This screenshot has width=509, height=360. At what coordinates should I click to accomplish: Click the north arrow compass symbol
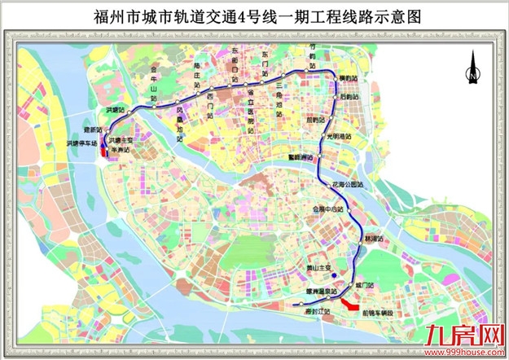(470, 69)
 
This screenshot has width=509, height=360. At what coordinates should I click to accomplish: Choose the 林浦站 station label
(374, 237)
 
